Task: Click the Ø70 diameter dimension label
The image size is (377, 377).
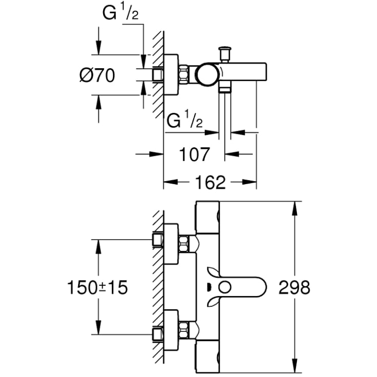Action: click(x=97, y=75)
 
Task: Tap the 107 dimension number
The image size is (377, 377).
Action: click(x=194, y=154)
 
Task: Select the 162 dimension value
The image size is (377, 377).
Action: click(x=210, y=182)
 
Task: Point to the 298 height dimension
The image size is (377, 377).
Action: click(x=294, y=287)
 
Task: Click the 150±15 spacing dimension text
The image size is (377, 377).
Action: click(x=97, y=288)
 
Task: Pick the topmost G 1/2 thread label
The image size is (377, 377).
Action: click(x=121, y=13)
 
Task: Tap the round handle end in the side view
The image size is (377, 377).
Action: click(x=207, y=74)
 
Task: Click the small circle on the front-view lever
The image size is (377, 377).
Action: click(x=225, y=287)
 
